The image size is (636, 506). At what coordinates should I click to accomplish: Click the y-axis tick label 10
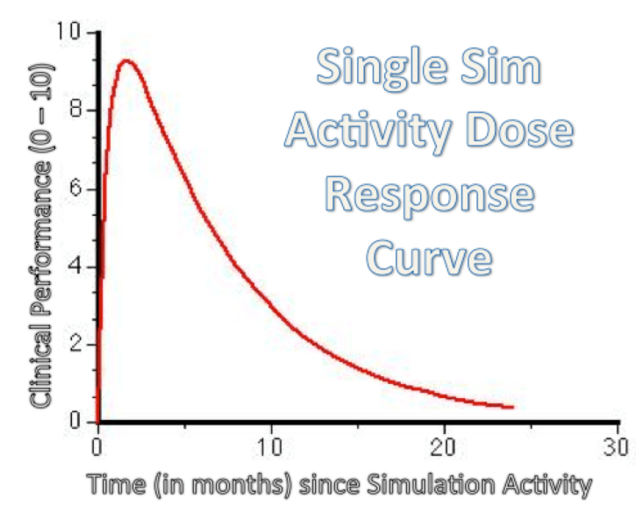pyautogui.click(x=76, y=32)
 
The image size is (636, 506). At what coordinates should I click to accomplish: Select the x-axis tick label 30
pyautogui.click(x=618, y=444)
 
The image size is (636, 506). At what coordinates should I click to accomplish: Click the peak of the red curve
pyautogui.click(x=127, y=61)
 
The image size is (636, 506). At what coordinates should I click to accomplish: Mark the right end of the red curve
pyautogui.click(x=511, y=407)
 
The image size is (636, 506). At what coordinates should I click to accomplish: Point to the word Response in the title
pyautogui.click(x=427, y=195)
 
